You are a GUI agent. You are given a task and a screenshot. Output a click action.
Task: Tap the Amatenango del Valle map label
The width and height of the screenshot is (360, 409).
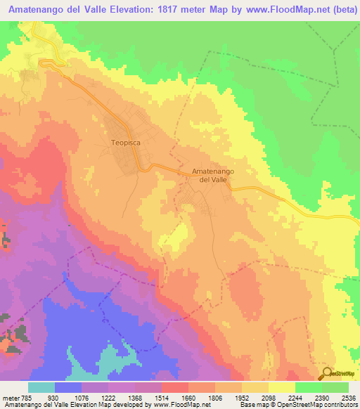pos(213,176)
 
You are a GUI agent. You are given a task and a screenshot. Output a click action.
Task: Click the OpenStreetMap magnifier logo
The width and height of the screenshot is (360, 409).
pos(328,372)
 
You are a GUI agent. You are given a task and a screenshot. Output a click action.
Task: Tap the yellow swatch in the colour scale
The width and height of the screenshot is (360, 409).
pos(281,388)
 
